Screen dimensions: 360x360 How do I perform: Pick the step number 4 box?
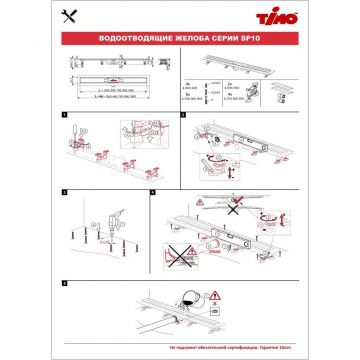click(153, 190)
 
